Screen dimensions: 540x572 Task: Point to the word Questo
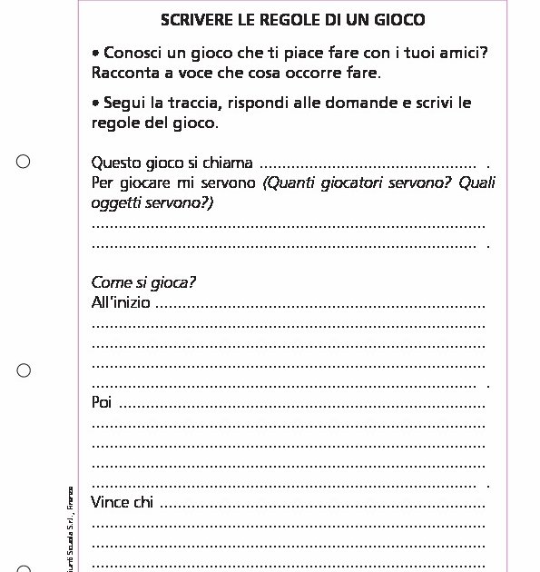[x=115, y=163]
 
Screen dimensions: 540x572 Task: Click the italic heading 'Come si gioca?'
[x=143, y=282]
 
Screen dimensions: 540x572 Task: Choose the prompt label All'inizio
[x=121, y=302]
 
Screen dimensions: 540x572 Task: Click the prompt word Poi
[x=102, y=402]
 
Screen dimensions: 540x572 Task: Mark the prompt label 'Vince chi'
[x=123, y=502]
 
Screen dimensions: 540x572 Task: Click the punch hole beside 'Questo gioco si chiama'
[x=24, y=163]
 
